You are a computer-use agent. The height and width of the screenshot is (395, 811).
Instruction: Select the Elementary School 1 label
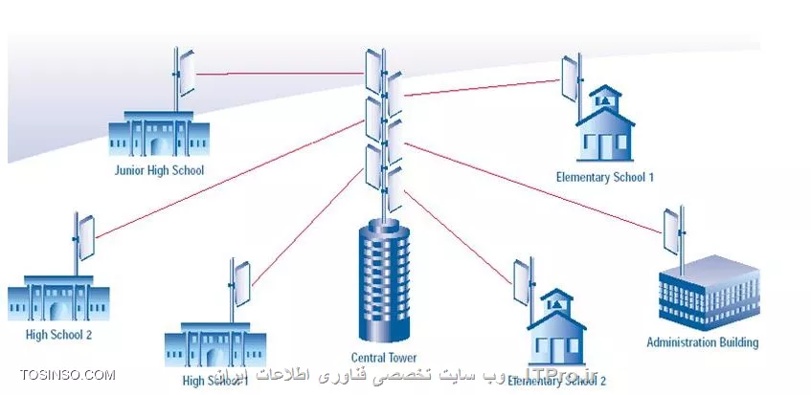(x=604, y=177)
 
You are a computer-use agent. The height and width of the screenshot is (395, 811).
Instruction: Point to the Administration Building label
(x=702, y=342)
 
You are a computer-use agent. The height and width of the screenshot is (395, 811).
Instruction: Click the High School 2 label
(x=58, y=335)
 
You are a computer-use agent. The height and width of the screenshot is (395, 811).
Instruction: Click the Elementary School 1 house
(x=604, y=128)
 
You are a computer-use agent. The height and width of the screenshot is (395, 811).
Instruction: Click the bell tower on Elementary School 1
(x=603, y=96)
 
